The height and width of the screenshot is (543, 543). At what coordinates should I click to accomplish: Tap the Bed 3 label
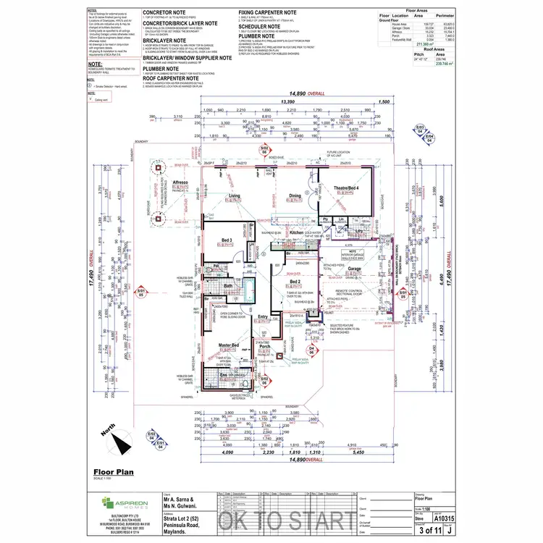pos(227,240)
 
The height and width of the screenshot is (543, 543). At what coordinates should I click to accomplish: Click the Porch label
pos(265,347)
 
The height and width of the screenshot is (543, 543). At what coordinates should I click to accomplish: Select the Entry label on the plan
pos(261,316)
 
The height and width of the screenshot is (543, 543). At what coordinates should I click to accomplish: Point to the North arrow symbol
pos(123,435)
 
